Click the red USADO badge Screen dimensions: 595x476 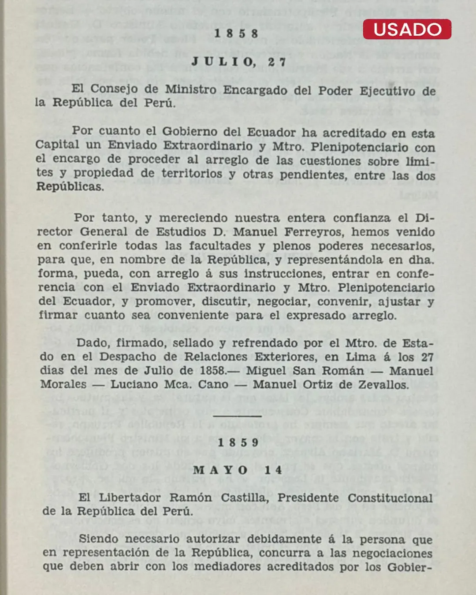pyautogui.click(x=407, y=30)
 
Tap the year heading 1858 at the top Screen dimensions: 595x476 pyautogui.click(x=236, y=33)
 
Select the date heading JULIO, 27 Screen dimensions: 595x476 pyautogui.click(x=239, y=62)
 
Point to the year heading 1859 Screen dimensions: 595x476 pyautogui.click(x=238, y=442)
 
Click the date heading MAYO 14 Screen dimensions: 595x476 pyautogui.click(x=238, y=470)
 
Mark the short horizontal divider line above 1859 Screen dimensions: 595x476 pyautogui.click(x=237, y=416)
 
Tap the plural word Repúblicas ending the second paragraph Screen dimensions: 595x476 pyautogui.click(x=70, y=186)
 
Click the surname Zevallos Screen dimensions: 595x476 pyautogui.click(x=382, y=385)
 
